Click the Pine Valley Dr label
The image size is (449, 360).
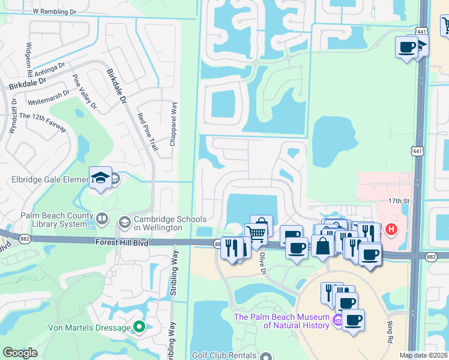tap(83, 91)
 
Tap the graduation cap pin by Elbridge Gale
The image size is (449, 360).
tap(100, 178)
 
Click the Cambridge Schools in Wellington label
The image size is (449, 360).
tap(170, 223)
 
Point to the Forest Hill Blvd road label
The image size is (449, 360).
tap(123, 242)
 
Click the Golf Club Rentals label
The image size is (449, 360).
tap(224, 355)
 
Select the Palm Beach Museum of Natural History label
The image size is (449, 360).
tap(282, 321)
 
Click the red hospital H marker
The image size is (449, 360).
tap(391, 229)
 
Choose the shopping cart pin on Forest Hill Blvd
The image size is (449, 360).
tap(256, 233)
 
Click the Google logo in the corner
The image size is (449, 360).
tap(20, 353)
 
